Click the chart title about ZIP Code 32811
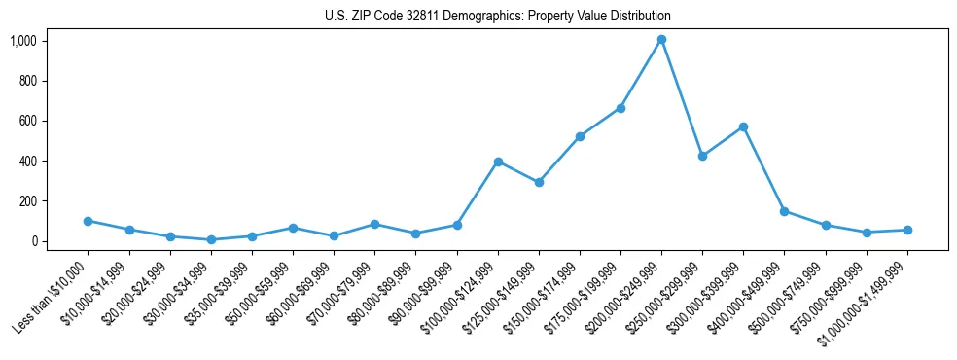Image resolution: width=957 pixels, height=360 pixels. tap(497, 17)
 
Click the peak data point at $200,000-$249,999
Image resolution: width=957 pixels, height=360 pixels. tap(661, 40)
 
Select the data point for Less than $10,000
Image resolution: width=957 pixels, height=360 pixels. tap(89, 221)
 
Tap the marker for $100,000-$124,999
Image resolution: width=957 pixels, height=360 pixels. tap(498, 162)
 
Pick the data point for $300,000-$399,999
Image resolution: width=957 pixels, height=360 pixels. tap(743, 126)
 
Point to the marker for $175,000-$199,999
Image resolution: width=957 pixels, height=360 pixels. tap(620, 108)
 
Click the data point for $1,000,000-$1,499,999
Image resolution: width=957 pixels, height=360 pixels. tap(907, 230)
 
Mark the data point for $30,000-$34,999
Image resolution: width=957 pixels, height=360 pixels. tap(211, 239)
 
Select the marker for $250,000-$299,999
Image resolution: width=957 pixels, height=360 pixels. tap(702, 156)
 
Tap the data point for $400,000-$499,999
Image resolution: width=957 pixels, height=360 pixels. tap(784, 211)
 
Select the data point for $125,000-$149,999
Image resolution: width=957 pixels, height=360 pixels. tap(539, 182)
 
